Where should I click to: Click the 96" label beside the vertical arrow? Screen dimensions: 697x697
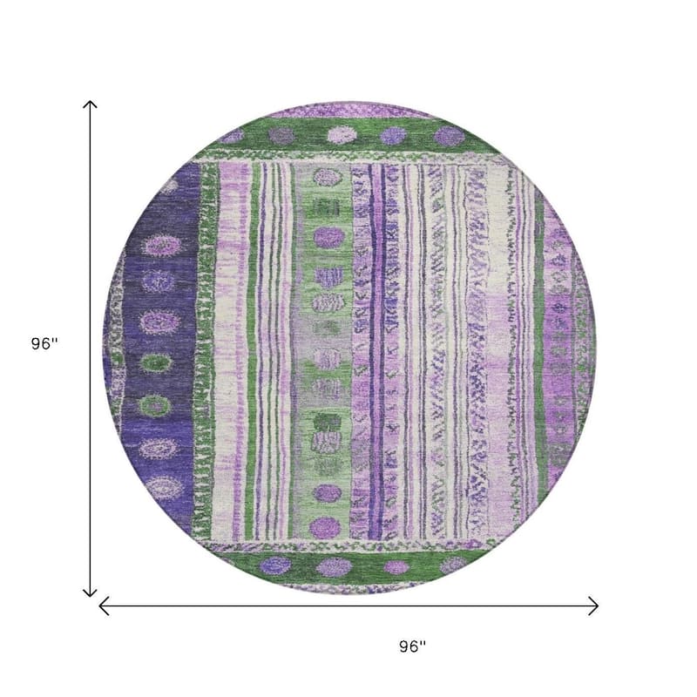pyautogui.click(x=44, y=343)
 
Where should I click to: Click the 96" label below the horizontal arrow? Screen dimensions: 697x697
pyautogui.click(x=412, y=646)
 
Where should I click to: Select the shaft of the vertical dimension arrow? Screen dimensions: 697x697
pyautogui.click(x=91, y=349)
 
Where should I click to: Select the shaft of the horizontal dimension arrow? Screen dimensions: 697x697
pyautogui.click(x=348, y=606)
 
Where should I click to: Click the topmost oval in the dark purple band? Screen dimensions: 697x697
pyautogui.click(x=161, y=246)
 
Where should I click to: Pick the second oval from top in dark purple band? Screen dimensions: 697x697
pyautogui.click(x=158, y=281)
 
